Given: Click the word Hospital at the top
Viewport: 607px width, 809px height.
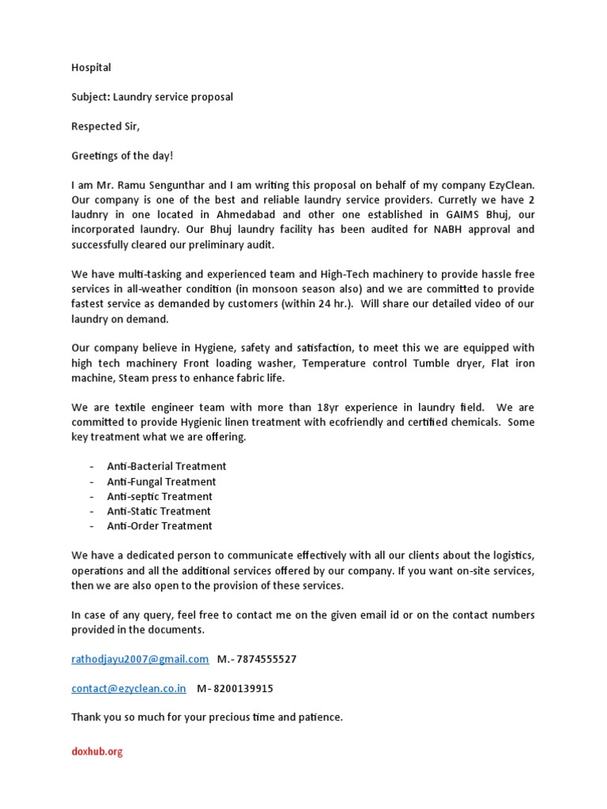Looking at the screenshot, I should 91,68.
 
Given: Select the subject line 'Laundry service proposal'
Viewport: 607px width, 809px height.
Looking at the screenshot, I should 172,97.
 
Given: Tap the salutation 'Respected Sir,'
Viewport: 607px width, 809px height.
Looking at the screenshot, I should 105,126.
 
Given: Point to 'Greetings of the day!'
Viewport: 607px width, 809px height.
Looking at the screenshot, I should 122,156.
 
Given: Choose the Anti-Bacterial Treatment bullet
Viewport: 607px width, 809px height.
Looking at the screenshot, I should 167,467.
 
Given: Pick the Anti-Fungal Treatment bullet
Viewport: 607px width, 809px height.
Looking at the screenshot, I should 161,482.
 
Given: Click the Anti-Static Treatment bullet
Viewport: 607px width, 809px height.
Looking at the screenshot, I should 159,511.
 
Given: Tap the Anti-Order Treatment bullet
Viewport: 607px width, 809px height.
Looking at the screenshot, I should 160,526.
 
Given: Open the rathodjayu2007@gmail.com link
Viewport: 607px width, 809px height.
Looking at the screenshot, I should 140,659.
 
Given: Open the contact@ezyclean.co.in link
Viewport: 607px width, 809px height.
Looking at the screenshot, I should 129,688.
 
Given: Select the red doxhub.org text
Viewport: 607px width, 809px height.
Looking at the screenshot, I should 97,752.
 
